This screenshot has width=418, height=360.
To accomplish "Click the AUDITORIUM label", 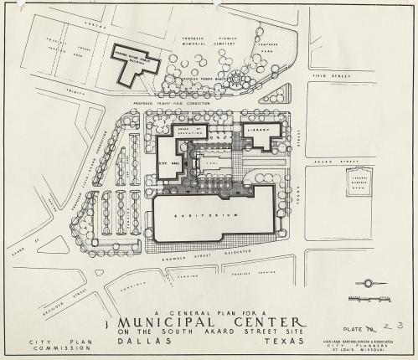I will click(213, 214).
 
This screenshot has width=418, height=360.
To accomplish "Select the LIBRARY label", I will click(261, 131).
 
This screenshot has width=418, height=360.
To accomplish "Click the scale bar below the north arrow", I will click(372, 296).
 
